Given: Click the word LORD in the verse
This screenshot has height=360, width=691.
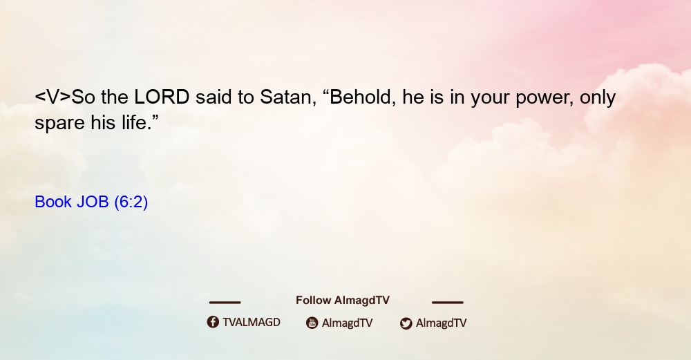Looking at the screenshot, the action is coord(162,97).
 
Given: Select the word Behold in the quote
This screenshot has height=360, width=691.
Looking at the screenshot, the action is coord(359,97).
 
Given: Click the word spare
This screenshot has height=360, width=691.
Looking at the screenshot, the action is coord(59,124).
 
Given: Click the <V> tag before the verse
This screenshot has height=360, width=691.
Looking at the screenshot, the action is coord(53,97).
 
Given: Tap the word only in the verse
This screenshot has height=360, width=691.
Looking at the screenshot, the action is coord(598,99).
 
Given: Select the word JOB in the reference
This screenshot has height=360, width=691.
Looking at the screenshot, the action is coord(93,202).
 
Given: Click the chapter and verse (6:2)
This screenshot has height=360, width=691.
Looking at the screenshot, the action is coord(131,202).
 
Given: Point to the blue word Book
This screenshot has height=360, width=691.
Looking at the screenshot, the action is coord(53,202).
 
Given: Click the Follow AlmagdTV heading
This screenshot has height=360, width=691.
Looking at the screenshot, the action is coord(343,300).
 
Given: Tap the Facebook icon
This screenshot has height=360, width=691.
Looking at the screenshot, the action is coord(213,322).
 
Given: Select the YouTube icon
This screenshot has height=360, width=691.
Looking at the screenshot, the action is coord(312,323).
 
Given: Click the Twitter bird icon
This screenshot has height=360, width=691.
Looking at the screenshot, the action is coord(406,323).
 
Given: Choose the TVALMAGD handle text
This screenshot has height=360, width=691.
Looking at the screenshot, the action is coord(252,322).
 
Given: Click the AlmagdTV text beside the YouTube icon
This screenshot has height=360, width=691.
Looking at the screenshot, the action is coord(348,323).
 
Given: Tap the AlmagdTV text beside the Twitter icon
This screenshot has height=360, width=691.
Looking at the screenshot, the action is coord(441,323).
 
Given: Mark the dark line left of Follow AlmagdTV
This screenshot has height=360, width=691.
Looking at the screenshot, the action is coord(225,302).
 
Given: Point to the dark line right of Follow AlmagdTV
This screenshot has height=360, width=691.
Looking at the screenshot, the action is coord(448,302).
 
